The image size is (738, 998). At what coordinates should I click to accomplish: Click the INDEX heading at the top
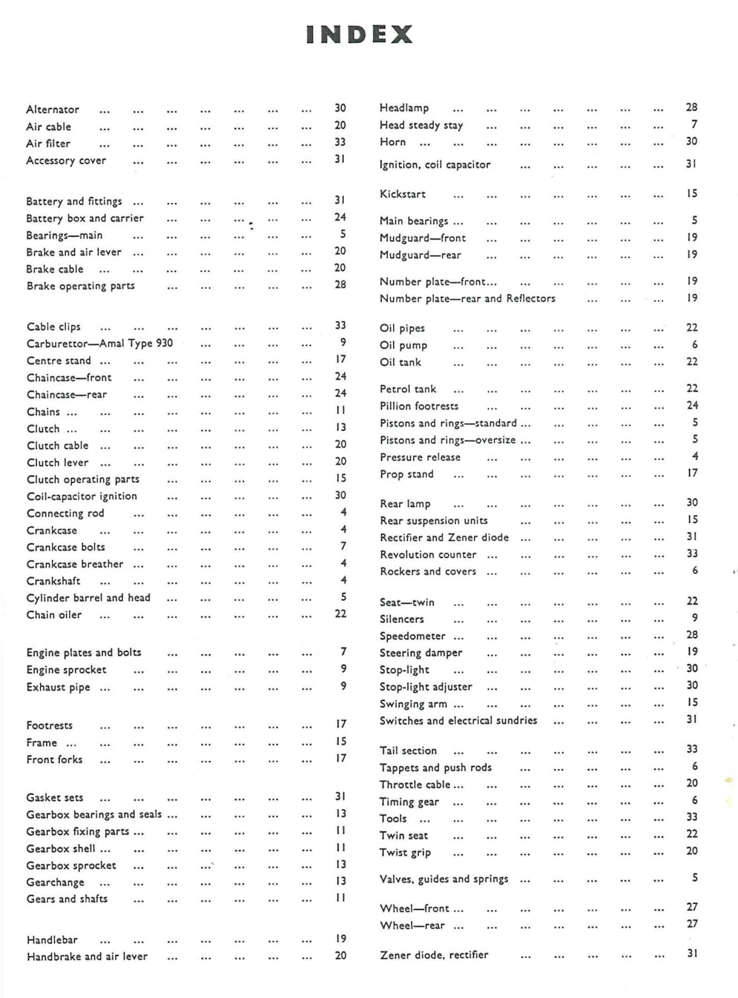359,35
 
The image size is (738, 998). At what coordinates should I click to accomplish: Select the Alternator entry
53,110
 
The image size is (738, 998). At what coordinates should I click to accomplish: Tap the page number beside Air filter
340,142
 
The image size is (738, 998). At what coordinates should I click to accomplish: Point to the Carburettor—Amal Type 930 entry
100,343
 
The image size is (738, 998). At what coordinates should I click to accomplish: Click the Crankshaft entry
53,581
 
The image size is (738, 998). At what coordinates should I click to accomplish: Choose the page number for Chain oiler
340,613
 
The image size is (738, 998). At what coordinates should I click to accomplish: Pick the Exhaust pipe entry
58,687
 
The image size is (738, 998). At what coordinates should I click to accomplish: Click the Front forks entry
55,759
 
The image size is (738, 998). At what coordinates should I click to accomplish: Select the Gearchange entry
55,882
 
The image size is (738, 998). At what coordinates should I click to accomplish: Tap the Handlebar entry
52,940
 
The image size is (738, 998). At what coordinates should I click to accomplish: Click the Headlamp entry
404,108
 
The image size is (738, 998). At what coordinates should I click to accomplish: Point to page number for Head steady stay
694,124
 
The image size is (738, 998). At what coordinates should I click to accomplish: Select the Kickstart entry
403,194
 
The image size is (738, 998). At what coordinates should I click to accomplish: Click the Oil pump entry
404,345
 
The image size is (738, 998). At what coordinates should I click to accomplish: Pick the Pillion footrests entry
419,406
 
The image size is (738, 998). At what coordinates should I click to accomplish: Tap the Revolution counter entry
428,555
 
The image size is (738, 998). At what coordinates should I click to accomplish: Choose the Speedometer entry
412,636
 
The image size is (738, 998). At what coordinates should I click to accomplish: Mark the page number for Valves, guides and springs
695,878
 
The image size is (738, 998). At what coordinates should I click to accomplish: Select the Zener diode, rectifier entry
434,955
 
